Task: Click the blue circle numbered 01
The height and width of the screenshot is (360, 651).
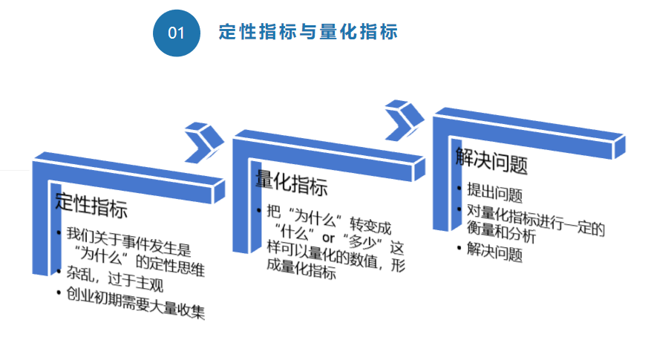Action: pyautogui.click(x=177, y=32)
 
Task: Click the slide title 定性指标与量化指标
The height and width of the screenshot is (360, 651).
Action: pyautogui.click(x=308, y=32)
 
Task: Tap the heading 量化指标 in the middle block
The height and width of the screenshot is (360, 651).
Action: pyautogui.click(x=290, y=183)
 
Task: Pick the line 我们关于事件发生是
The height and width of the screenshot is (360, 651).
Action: pyautogui.click(x=127, y=240)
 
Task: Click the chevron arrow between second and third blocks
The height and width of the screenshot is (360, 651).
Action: pyautogui.click(x=405, y=119)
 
